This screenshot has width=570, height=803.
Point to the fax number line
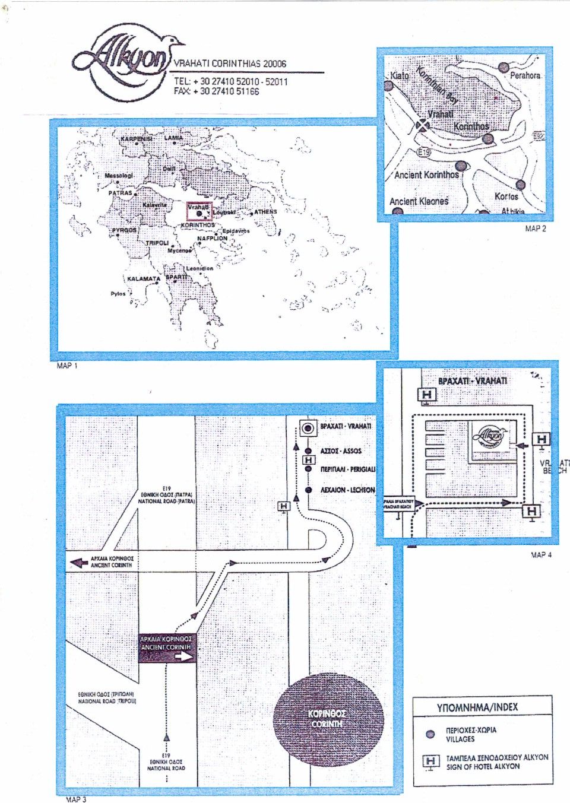click(216, 91)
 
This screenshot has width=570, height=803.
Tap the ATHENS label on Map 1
click(265, 212)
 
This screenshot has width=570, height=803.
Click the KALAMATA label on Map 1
click(144, 278)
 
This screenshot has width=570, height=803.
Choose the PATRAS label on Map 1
click(120, 193)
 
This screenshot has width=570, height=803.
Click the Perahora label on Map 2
click(525, 76)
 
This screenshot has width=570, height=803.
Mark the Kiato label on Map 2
click(400, 76)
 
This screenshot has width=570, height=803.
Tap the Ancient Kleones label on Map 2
click(419, 202)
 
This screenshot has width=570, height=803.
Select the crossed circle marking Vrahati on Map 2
click(422, 125)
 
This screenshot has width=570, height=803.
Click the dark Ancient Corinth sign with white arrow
click(167, 648)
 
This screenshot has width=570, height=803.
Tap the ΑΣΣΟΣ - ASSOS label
click(340, 451)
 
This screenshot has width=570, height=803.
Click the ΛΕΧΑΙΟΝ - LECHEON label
click(347, 490)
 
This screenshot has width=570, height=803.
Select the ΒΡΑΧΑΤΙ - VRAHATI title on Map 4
click(472, 380)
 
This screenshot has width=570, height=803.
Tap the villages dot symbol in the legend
click(431, 734)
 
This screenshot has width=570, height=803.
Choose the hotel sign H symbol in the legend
click(431, 761)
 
